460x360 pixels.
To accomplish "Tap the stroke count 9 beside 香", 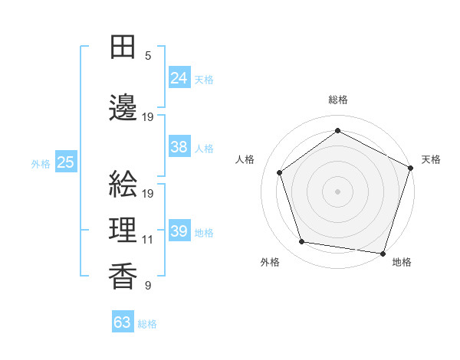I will coord(147,285).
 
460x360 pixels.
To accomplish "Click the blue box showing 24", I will coord(179,77).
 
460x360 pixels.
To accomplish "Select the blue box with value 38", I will coord(179,147).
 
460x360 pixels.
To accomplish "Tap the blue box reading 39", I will coord(179,231).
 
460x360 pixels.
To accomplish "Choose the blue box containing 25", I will coord(65,162).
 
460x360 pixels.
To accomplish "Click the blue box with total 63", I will coord(122,322).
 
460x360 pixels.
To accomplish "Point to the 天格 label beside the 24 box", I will coord(204,79).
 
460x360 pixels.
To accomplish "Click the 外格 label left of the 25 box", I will coord(41,163).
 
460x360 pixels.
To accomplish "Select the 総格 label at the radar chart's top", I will coord(337,100).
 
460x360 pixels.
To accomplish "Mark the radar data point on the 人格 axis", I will coord(280,172).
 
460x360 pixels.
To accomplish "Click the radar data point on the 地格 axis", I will coord(383,253).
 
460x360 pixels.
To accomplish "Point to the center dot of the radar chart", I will coord(337,191).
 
